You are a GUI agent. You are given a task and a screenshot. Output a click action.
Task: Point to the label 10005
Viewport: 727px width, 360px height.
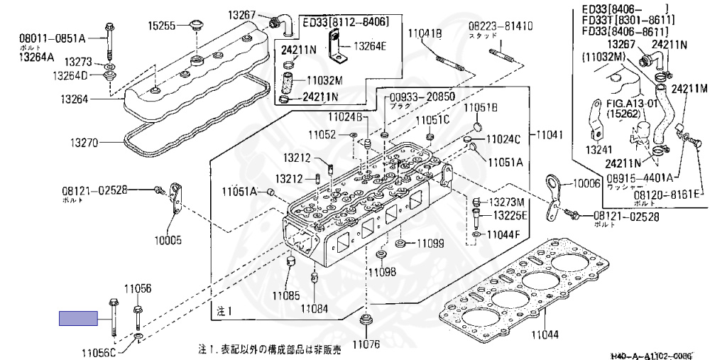(168, 241)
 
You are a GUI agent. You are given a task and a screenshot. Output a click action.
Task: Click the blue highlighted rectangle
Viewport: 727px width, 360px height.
(78, 318)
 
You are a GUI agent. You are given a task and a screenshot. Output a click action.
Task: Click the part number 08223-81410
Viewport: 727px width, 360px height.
(501, 26)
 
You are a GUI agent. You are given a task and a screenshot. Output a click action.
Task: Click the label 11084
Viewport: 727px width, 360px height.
(314, 308)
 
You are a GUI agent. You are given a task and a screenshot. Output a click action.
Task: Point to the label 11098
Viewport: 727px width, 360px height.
(381, 271)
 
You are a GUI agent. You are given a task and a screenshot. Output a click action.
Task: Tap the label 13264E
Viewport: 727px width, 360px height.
(371, 48)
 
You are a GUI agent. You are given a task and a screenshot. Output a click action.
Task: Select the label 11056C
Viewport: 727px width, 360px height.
(99, 353)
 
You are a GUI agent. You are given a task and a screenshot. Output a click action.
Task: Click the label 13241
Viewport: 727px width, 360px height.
(599, 151)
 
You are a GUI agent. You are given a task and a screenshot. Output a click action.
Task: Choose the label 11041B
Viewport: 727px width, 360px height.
(425, 32)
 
